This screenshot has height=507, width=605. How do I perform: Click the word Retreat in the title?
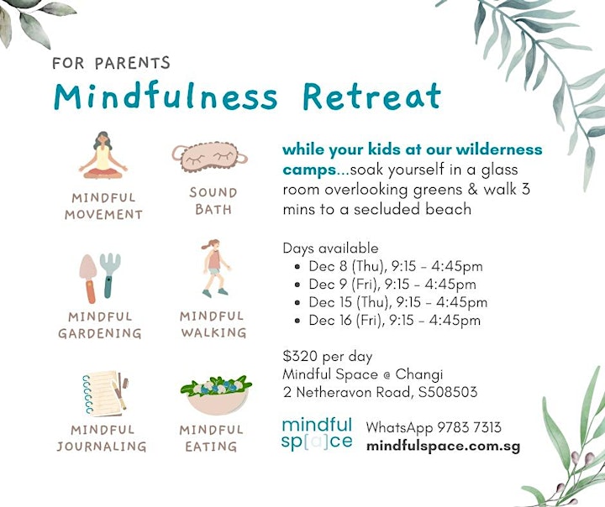coord(371,97)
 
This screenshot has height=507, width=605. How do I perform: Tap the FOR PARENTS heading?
coord(111,63)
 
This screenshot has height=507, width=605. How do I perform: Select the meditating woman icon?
coord(103,155)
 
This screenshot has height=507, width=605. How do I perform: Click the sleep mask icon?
coord(210,156)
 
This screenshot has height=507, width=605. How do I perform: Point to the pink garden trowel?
coord(88,279)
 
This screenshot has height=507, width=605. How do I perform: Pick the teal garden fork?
coord(109,274)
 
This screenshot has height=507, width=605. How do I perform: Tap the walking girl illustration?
coord(216,269)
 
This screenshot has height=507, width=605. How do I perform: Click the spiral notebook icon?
coord(105,394)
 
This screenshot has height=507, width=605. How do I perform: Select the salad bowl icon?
coord(216,395)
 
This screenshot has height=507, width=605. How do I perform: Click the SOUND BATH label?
coord(213,201)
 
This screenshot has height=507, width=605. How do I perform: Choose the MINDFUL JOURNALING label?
coord(103,438)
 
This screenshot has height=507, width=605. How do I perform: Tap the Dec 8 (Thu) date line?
coord(396,266)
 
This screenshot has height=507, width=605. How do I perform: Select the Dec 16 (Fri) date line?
coord(394,320)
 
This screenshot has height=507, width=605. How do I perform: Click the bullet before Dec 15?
coord(297,303)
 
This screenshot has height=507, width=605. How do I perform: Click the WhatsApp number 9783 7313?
coord(469,427)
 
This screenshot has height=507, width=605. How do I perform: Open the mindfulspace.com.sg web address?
coord(444,446)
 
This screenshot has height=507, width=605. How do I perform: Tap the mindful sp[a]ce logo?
coord(317,434)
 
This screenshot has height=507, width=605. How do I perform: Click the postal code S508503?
coord(448,392)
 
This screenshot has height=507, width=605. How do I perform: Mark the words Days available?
coord(331,248)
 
